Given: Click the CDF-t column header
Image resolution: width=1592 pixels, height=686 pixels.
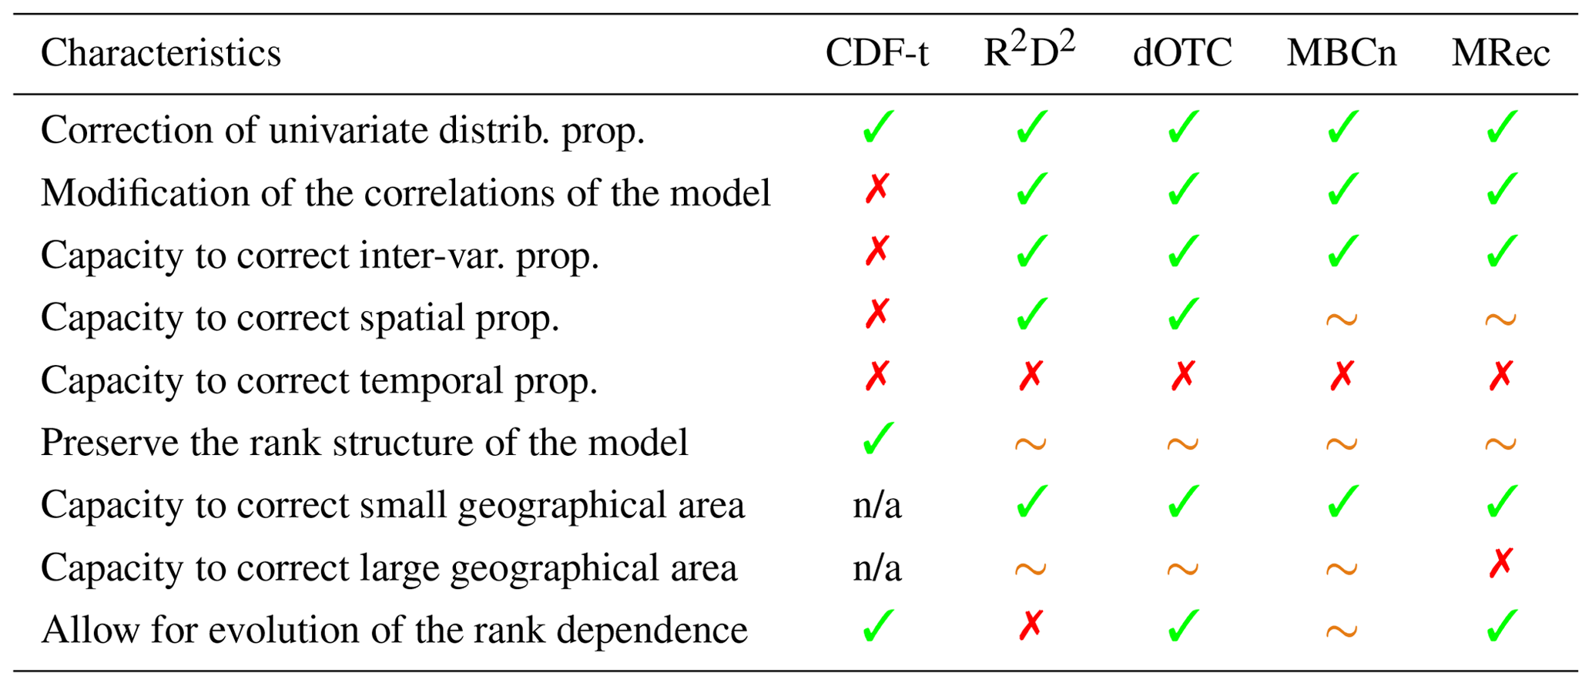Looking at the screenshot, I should [x=876, y=54].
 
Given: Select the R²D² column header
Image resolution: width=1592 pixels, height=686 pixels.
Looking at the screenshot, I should [x=1029, y=52].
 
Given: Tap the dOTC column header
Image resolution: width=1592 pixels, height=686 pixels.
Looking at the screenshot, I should [x=1182, y=54].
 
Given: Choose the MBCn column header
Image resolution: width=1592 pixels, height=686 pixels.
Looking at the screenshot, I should [x=1341, y=54].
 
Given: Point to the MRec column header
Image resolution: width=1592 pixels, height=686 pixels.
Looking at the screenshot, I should [x=1500, y=54].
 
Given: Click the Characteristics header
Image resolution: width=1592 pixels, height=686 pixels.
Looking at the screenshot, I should [x=161, y=54].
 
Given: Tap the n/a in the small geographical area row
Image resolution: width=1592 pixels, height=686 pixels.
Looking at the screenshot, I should [x=876, y=506].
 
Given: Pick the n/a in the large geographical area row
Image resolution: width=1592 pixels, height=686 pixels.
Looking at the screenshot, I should [x=876, y=568].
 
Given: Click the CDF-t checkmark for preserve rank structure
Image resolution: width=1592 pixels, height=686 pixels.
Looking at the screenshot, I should [x=877, y=439].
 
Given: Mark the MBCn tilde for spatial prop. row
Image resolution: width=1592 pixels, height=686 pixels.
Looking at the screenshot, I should [x=1341, y=319].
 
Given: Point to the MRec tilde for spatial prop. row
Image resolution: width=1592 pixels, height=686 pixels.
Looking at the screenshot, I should [x=1500, y=319].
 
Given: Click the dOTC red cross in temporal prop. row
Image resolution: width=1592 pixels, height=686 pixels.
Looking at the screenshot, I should [x=1182, y=376].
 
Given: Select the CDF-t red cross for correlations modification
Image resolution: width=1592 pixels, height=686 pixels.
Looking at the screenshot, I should [x=877, y=189].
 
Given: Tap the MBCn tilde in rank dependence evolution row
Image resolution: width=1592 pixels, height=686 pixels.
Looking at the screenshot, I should [x=1341, y=631].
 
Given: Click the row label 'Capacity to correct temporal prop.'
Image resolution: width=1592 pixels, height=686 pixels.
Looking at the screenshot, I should [x=319, y=380].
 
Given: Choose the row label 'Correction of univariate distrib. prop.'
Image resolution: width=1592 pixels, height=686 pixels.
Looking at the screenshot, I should [x=342, y=130].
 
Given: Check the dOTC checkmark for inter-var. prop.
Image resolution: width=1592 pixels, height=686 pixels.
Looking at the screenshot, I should [x=1182, y=252].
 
